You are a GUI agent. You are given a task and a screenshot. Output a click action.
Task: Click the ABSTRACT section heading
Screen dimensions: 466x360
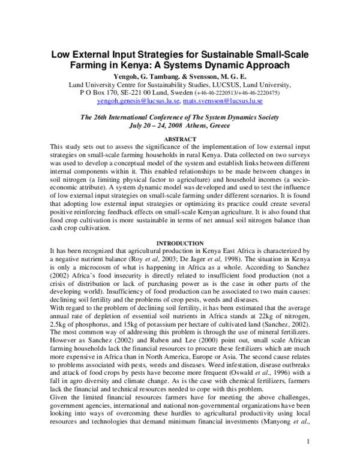180,138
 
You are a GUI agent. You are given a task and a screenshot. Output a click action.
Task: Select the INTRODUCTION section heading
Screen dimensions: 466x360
180,243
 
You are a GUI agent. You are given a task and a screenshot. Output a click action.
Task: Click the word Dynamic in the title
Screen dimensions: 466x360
227,67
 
